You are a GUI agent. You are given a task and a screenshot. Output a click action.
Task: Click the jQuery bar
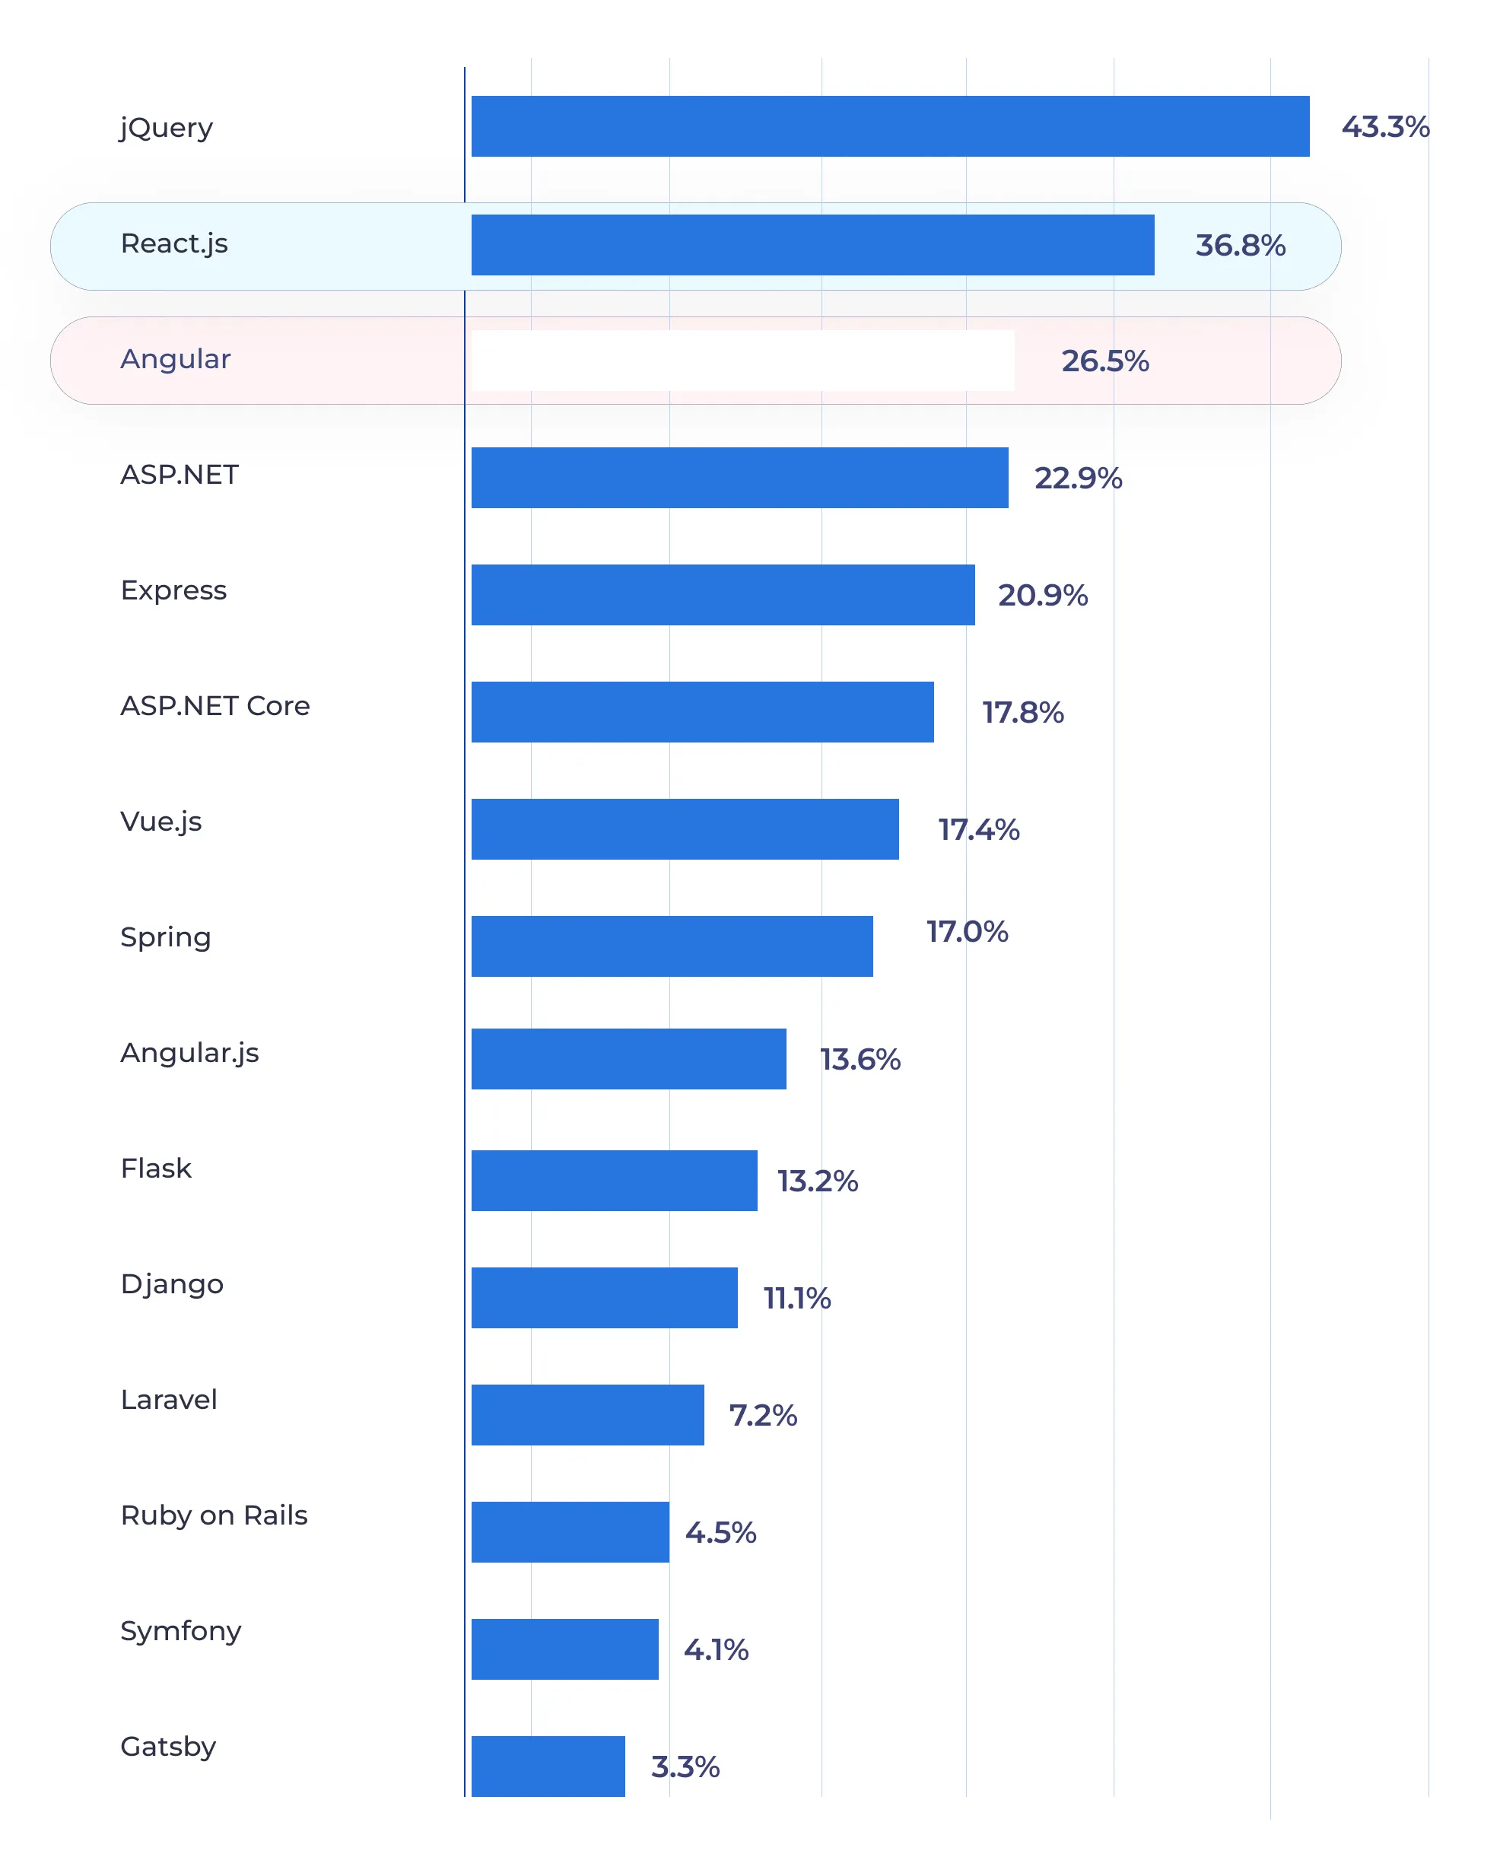tap(889, 126)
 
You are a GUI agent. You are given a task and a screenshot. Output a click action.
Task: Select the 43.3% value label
tap(1384, 127)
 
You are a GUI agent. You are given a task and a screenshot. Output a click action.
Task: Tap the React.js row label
tap(173, 243)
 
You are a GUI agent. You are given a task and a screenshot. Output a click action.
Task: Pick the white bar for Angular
tap(742, 360)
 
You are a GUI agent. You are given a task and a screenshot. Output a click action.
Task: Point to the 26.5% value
tap(1104, 361)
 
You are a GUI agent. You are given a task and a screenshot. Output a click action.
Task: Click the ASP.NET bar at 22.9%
tap(739, 477)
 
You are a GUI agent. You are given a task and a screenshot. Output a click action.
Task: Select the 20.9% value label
tap(1041, 595)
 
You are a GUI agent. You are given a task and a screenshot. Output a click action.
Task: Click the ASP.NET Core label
tap(215, 705)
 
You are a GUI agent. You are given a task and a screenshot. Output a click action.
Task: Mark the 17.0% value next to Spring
tap(966, 931)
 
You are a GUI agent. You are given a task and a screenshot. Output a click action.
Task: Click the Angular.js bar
tap(628, 1058)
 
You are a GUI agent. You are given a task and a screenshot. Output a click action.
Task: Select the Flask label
tap(155, 1168)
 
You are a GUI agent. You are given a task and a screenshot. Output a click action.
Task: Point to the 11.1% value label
tap(796, 1298)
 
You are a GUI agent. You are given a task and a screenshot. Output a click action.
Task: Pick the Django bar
tap(604, 1297)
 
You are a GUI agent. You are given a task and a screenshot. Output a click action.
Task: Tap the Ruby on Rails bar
tap(570, 1531)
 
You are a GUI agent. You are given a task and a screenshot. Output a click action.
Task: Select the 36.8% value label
tap(1239, 245)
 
